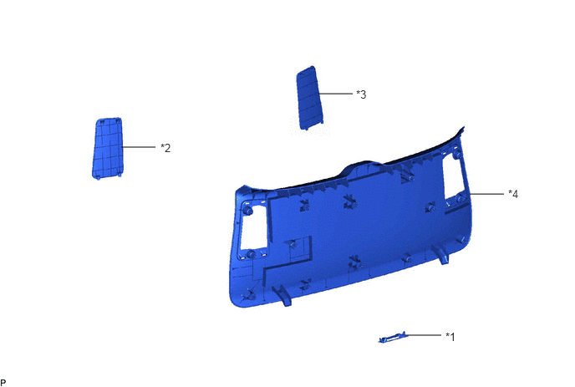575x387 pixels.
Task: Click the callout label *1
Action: tap(450, 336)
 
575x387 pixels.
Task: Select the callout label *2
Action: tap(165, 148)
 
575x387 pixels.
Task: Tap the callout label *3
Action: tap(361, 94)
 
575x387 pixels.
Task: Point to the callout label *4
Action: tap(513, 194)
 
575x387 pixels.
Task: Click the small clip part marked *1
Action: tap(393, 338)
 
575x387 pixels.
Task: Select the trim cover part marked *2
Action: tap(107, 149)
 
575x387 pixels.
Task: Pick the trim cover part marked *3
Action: tap(309, 98)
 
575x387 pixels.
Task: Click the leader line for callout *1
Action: tap(424, 335)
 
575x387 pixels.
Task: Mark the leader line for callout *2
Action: tap(139, 147)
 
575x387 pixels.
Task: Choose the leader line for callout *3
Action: tap(335, 94)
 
